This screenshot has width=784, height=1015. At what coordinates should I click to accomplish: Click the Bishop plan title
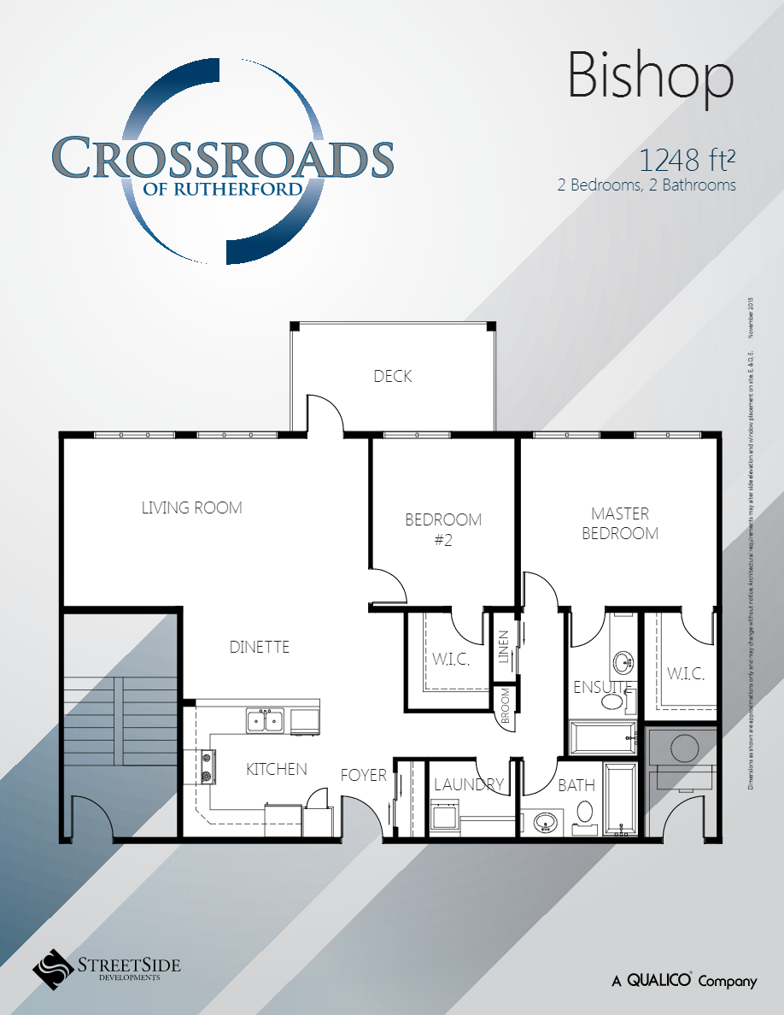tap(651, 78)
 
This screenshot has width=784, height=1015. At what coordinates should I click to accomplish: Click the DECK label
tap(393, 376)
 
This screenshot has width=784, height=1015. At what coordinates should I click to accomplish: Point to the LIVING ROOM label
tap(191, 507)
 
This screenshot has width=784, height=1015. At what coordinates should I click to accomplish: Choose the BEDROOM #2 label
tap(442, 529)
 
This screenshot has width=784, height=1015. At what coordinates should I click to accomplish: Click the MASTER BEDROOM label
tap(620, 523)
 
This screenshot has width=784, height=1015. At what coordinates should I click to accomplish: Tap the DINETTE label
tap(260, 647)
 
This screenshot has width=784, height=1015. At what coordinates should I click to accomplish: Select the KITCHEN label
tap(276, 769)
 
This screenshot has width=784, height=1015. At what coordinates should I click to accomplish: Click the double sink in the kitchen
tap(266, 721)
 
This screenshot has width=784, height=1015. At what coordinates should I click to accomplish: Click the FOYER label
tap(364, 775)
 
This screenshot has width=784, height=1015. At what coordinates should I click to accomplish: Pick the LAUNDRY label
tap(469, 784)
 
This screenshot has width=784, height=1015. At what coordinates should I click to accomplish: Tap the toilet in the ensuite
tap(612, 702)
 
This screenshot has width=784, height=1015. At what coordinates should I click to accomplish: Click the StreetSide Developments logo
tap(107, 968)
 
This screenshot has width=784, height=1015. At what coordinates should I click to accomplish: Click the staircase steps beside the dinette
tap(119, 713)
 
